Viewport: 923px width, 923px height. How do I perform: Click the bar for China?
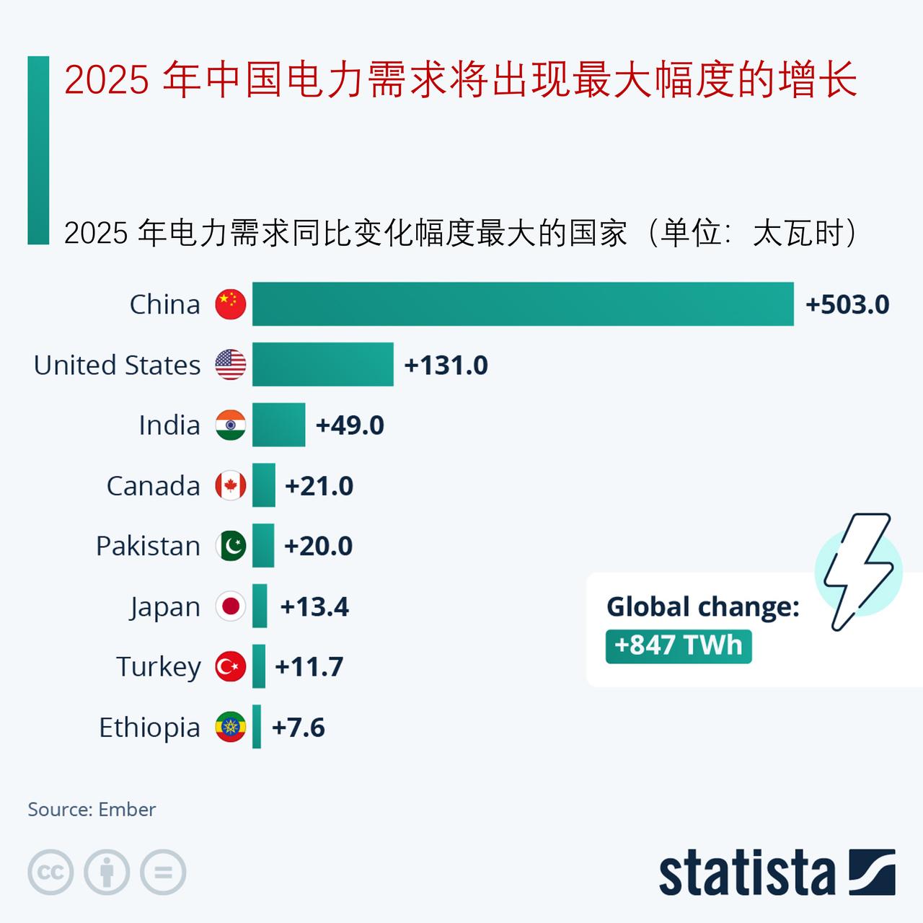[x=523, y=304]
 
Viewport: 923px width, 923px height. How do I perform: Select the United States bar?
[x=323, y=365]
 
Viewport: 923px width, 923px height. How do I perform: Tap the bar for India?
[x=278, y=425]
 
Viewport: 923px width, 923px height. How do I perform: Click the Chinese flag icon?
[x=231, y=304]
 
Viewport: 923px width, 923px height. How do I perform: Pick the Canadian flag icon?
[x=231, y=486]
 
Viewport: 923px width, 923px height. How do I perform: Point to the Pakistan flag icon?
[x=231, y=546]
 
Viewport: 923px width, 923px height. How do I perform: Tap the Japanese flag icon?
[x=231, y=606]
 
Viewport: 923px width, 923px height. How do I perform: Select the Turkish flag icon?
[x=231, y=667]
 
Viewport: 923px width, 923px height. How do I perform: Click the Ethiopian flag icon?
[x=231, y=728]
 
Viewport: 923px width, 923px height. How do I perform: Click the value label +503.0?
[x=847, y=305]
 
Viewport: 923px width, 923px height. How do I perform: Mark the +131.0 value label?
[x=446, y=366]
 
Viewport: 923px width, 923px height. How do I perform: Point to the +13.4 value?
[x=314, y=607]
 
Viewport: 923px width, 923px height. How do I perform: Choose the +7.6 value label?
[x=298, y=728]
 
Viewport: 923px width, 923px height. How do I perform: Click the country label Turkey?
[x=159, y=667]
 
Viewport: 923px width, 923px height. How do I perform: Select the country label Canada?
[x=153, y=486]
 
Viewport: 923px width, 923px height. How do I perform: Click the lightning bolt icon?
[x=857, y=571]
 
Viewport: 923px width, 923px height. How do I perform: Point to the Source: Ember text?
[x=92, y=810]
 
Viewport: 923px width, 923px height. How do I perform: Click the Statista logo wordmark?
[x=746, y=873]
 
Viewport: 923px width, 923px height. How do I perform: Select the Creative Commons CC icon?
[x=50, y=873]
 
